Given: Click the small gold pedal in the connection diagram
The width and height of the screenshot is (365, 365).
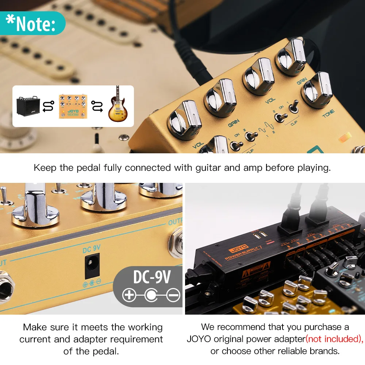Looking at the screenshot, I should pyautogui.click(x=73, y=106).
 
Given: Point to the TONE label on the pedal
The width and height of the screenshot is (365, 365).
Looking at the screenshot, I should pyautogui.click(x=328, y=116).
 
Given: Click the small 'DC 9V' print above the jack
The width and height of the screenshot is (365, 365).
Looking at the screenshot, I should pyautogui.click(x=91, y=249).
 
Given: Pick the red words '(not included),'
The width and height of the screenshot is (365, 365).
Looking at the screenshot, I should pyautogui.click(x=334, y=339).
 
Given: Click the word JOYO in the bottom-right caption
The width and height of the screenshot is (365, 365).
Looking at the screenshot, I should pyautogui.click(x=199, y=339).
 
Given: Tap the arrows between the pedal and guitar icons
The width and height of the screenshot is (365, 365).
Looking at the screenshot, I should pyautogui.click(x=96, y=106).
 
